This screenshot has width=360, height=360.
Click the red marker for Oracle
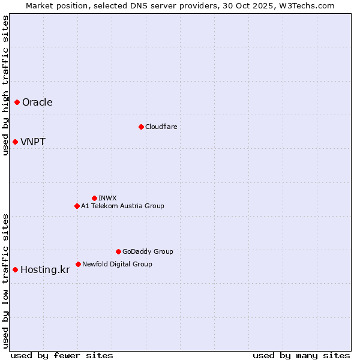17,102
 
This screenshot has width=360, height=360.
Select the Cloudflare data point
141,127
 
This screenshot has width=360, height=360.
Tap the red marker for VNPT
15,142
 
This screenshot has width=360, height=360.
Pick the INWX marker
94,198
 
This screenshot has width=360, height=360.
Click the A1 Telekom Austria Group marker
77,206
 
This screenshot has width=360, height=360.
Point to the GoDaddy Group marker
118,251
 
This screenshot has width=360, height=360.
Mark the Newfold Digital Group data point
78,264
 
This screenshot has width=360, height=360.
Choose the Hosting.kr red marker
15,269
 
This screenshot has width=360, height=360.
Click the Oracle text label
37,102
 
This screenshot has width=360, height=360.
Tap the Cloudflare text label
161,127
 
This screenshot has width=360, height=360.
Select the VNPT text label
33,142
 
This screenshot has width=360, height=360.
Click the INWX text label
107,198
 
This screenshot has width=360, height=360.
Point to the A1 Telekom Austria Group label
122,206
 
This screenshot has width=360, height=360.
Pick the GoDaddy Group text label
148,251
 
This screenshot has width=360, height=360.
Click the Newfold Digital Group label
117,264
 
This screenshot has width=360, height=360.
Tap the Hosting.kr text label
45,270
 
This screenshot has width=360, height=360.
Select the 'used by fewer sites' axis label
62,355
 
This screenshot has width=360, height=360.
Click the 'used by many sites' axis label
301,355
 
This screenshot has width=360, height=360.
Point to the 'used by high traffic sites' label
6,85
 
